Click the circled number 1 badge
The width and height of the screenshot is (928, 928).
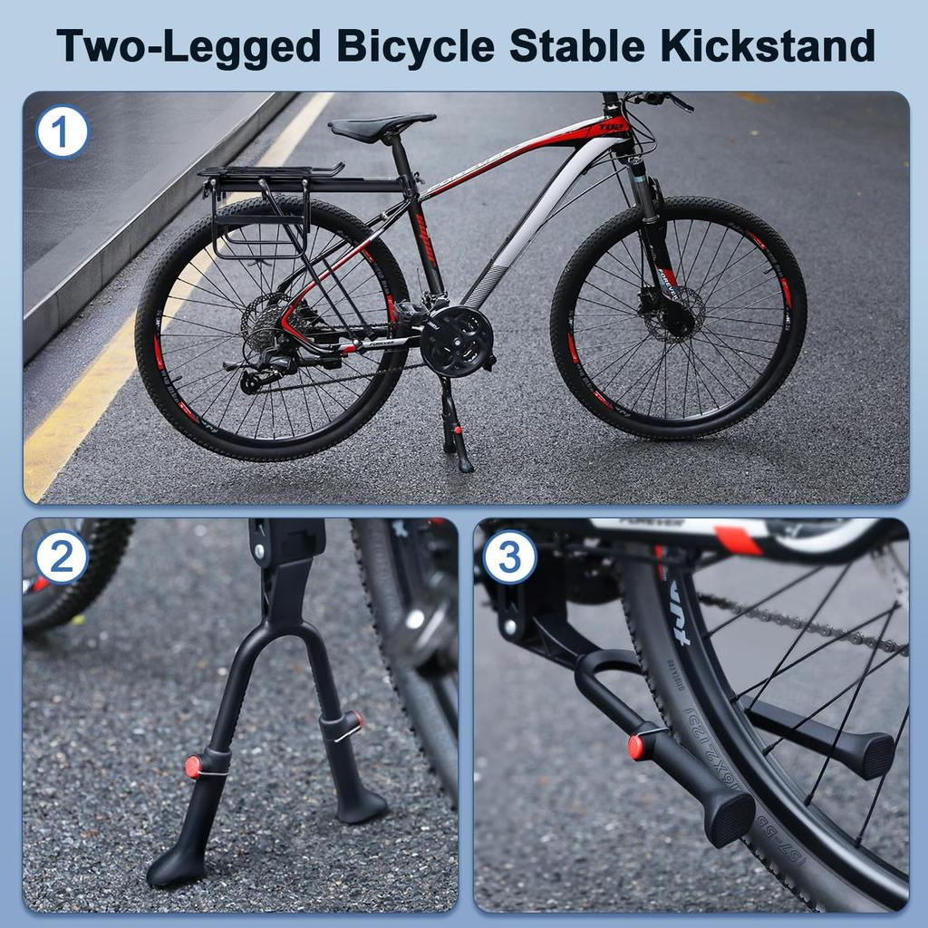(62, 132)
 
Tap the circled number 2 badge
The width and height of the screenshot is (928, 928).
(61, 556)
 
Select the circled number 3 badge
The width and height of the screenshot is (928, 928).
(509, 556)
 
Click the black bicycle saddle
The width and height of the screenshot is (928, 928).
(381, 127)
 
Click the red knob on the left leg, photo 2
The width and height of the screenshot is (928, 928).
(193, 767)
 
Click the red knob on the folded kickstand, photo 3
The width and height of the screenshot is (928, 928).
(637, 747)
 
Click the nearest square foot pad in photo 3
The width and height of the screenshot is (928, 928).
(730, 817)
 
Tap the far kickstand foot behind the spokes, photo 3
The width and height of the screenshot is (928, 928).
(865, 753)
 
